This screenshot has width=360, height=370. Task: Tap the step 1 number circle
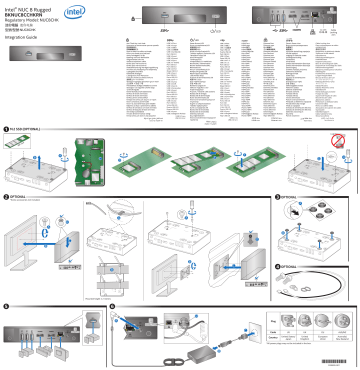tap(5, 129)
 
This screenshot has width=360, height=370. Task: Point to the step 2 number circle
tap(5, 198)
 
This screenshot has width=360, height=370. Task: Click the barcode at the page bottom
tap(336, 359)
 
